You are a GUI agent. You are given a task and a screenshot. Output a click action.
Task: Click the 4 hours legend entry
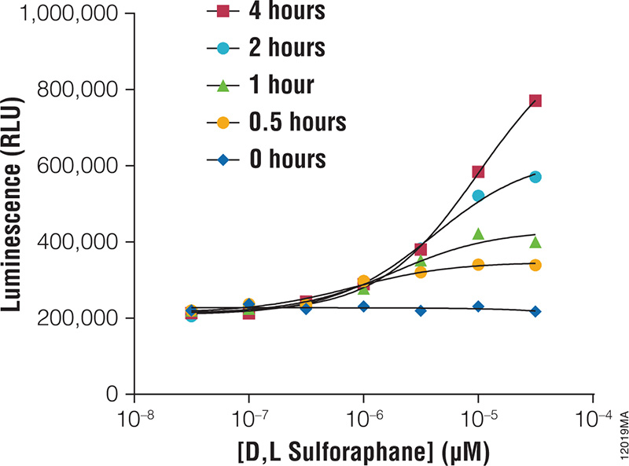point(267,12)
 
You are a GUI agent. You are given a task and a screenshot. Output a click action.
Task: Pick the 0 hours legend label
point(267,160)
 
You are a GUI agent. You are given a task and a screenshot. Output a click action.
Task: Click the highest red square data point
point(535,101)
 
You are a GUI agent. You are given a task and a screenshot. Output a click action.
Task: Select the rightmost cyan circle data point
point(535,177)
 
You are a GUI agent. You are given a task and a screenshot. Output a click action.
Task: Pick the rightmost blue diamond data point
point(535,311)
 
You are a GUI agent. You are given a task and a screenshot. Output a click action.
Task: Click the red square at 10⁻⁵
point(478,171)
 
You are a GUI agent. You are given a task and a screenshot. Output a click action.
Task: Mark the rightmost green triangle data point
point(535,242)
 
